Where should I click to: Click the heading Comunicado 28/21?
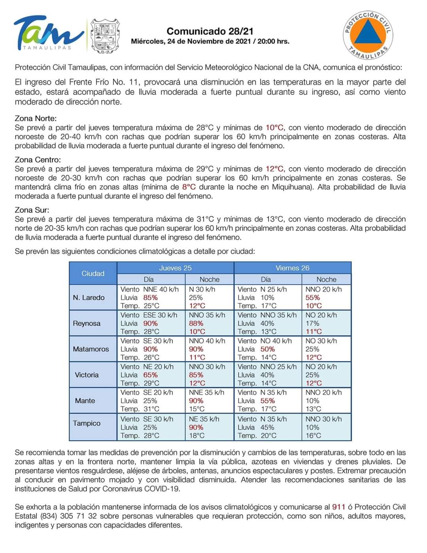click(x=210, y=31)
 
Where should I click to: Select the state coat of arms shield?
click(x=105, y=36)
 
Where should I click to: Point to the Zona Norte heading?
click(x=36, y=118)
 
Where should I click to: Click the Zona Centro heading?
click(x=38, y=160)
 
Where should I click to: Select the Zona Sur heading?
click(x=32, y=210)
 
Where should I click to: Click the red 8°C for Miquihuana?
click(x=189, y=187)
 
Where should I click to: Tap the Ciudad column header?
click(x=93, y=273)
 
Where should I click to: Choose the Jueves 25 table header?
click(x=175, y=268)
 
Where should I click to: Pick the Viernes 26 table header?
click(x=293, y=268)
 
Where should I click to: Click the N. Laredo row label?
click(x=89, y=297)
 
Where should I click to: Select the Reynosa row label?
click(x=87, y=323)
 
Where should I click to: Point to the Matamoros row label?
click(x=91, y=349)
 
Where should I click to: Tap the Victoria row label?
click(x=87, y=375)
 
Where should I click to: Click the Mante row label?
click(x=85, y=400)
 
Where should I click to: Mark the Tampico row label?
click(x=87, y=423)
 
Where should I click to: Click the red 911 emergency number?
click(x=338, y=507)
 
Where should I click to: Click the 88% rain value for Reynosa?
click(x=196, y=323)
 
